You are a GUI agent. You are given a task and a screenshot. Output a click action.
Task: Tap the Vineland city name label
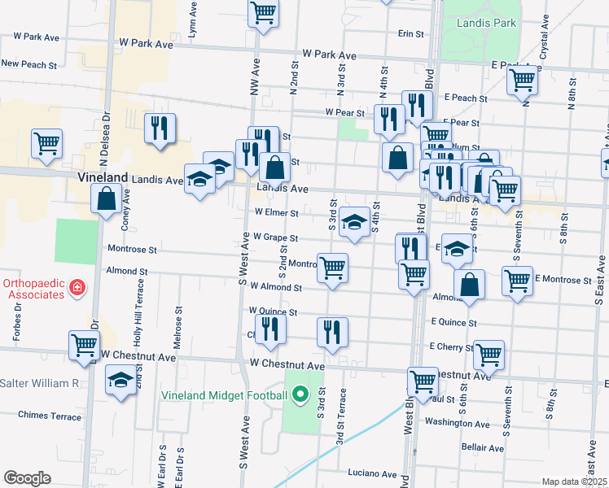pyautogui.click(x=103, y=177)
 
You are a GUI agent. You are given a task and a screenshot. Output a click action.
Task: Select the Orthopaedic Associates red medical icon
pyautogui.click(x=77, y=287)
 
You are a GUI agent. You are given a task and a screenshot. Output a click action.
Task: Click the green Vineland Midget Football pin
pyautogui.click(x=300, y=395)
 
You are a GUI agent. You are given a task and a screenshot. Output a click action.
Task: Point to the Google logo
pyautogui.click(x=27, y=478)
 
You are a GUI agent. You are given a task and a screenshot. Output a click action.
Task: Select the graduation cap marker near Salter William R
pyautogui.click(x=121, y=379)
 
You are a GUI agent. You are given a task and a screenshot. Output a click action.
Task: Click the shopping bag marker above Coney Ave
pyautogui.click(x=107, y=198)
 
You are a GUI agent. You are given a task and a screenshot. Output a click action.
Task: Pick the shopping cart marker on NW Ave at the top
pyautogui.click(x=264, y=12)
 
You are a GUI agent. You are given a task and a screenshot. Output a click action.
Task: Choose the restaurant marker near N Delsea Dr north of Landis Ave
pyautogui.click(x=160, y=128)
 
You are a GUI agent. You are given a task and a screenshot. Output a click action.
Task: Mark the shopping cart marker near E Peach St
pyautogui.click(x=521, y=81)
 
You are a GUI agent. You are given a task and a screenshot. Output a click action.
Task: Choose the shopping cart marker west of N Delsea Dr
pyautogui.click(x=46, y=143)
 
